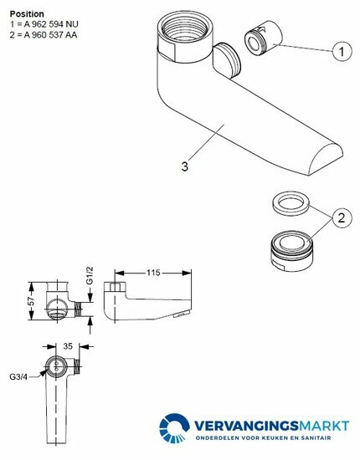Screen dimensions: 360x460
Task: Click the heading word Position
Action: click(27, 13)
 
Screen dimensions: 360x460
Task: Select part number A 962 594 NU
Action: click(51, 24)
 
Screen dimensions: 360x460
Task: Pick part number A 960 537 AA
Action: click(51, 34)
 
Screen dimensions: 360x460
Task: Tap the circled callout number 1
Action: click(342, 52)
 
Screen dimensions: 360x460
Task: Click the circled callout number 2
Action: click(342, 218)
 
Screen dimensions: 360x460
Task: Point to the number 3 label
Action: click(185, 166)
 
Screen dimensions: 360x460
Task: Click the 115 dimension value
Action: click(153, 273)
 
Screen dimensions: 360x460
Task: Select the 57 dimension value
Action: click(32, 301)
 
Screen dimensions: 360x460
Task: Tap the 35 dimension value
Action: click(68, 346)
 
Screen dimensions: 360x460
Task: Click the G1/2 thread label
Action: click(90, 275)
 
